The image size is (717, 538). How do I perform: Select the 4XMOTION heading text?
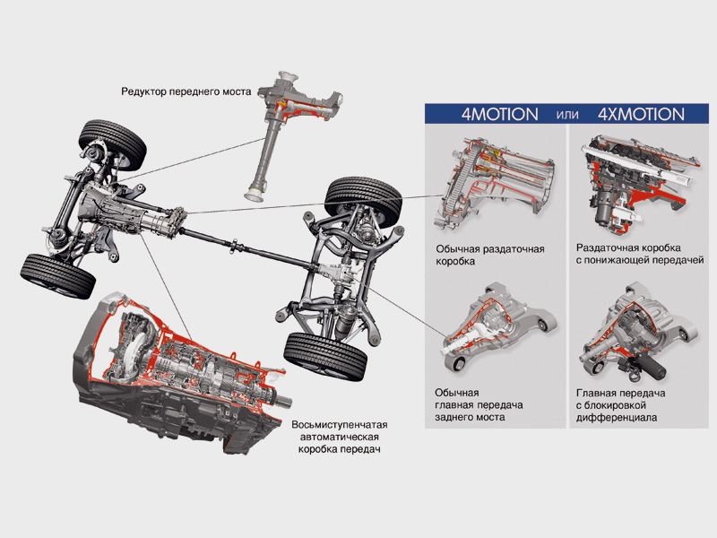click(x=641, y=114)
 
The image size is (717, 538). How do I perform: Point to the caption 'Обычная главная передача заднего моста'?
click(x=478, y=405)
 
